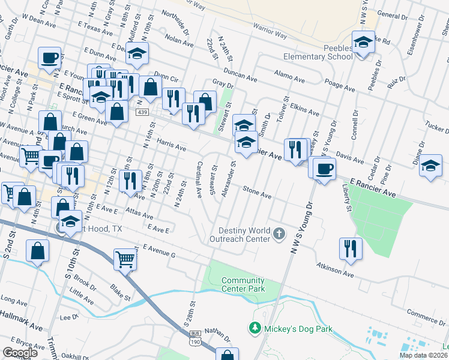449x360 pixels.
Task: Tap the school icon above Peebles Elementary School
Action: (x=362, y=43)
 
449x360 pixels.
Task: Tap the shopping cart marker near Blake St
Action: (x=125, y=260)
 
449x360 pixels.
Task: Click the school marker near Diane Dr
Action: (x=430, y=166)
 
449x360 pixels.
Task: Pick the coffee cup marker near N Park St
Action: (x=50, y=59)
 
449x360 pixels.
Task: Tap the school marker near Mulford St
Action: (x=137, y=53)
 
